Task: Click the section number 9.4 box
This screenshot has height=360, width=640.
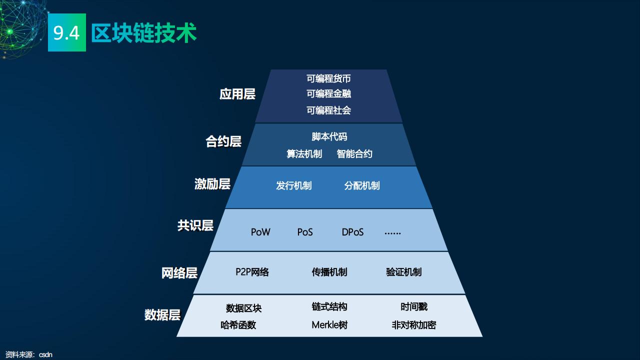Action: click(x=66, y=33)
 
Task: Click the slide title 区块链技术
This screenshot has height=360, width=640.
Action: click(x=144, y=33)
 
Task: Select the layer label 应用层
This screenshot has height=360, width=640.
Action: click(x=237, y=94)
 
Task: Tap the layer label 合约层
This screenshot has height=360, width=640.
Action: click(x=223, y=141)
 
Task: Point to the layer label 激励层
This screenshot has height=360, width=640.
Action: click(x=212, y=184)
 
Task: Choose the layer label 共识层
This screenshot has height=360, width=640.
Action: click(x=195, y=225)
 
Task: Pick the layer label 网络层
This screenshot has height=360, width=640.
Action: click(x=179, y=273)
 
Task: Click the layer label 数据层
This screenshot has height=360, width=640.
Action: click(x=162, y=315)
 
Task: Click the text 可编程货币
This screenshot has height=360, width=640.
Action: click(x=328, y=78)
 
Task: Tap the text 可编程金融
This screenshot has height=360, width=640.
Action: click(x=328, y=94)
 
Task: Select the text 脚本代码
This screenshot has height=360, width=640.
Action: click(x=329, y=137)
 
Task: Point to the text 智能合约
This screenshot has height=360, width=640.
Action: click(x=354, y=154)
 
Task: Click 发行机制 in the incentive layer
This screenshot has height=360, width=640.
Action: click(x=293, y=186)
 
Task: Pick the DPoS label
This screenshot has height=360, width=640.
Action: click(x=352, y=232)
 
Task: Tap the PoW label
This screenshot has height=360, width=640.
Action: click(x=260, y=232)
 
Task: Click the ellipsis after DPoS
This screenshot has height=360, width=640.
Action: click(x=392, y=232)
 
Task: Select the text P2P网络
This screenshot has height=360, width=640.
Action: click(x=252, y=272)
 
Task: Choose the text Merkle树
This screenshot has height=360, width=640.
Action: click(x=329, y=325)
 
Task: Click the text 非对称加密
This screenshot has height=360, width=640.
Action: click(x=413, y=325)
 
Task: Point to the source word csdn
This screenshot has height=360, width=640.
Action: click(x=45, y=355)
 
